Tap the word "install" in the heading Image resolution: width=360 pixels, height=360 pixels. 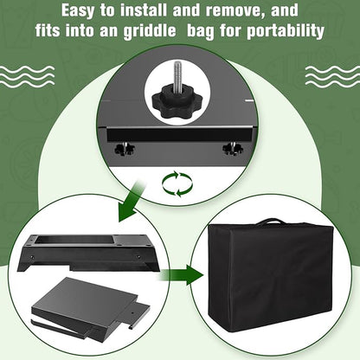(x=144, y=10)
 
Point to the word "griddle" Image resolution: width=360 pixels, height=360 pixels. (x=150, y=30)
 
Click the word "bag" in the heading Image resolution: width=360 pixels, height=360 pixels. (x=201, y=31)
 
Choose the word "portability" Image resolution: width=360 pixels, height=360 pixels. (x=286, y=31)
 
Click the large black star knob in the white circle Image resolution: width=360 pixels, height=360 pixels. (x=168, y=102)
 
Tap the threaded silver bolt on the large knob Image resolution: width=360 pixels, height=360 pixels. (x=176, y=76)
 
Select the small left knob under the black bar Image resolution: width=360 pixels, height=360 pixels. (x=125, y=149)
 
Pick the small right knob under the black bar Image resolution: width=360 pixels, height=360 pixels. (x=233, y=148)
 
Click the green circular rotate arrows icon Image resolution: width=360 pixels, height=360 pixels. (x=177, y=184)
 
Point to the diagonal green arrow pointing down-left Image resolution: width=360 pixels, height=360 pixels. (x=132, y=202)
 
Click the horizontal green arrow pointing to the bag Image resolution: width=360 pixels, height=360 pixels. (x=181, y=275)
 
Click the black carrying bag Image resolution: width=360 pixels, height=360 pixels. (x=270, y=275)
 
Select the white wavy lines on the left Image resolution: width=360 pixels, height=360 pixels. (x=27, y=76)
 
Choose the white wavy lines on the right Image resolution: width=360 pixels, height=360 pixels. (x=332, y=76)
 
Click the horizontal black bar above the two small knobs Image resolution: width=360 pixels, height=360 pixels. (x=180, y=135)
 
